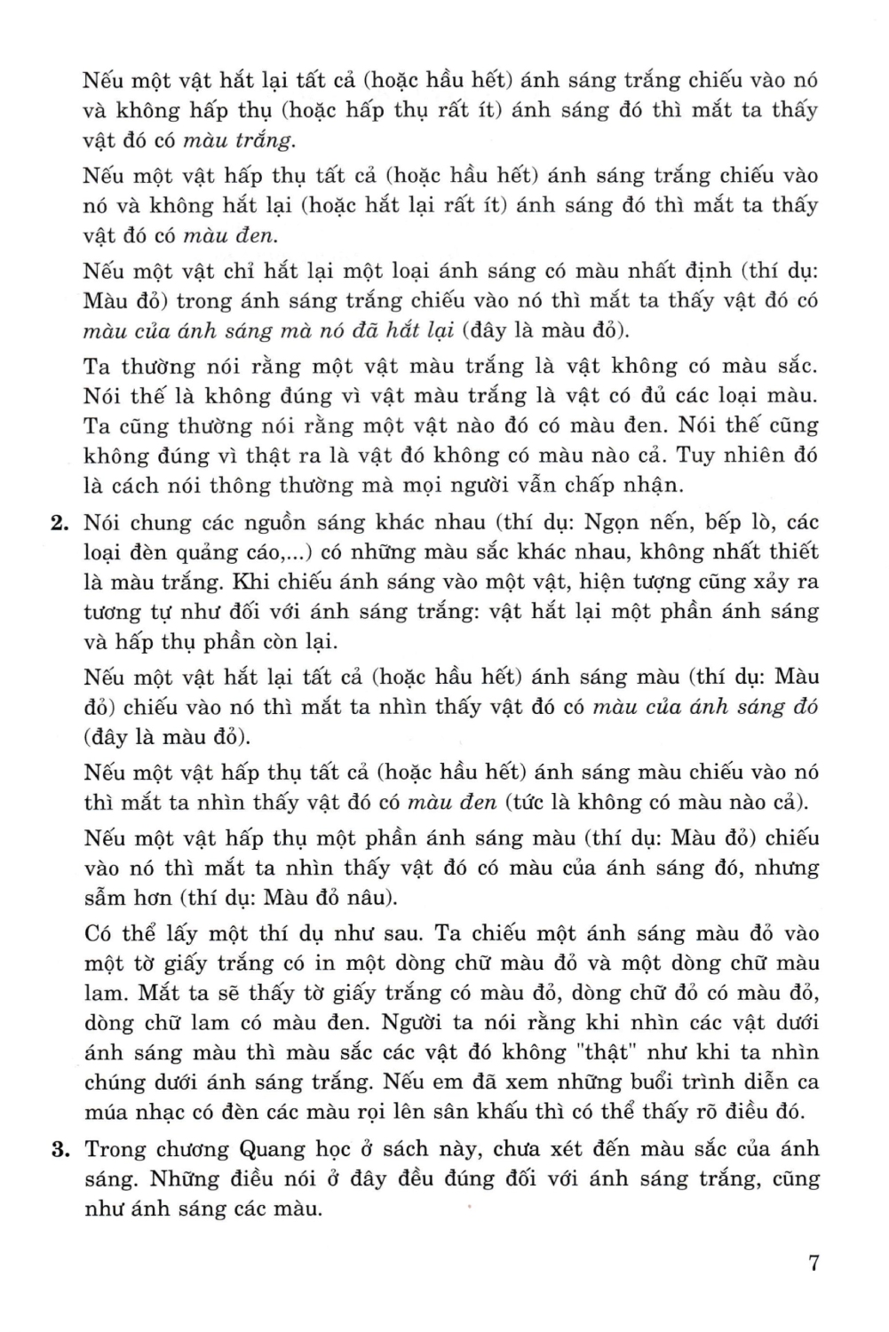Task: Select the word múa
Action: click(107, 1112)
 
